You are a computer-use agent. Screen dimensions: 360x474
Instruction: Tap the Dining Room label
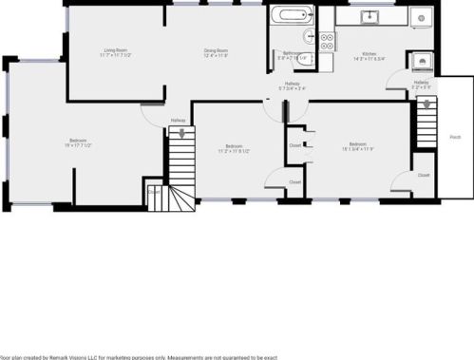point(216,49)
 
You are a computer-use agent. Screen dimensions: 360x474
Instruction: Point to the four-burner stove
point(326,40)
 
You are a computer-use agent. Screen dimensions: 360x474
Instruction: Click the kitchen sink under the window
point(370,17)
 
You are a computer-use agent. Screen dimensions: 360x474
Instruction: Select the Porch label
point(456,137)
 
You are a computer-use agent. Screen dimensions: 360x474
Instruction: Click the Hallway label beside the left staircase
point(178,120)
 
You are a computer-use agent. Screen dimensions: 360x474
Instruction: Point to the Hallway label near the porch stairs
point(421,83)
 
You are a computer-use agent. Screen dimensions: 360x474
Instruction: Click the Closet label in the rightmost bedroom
point(423,175)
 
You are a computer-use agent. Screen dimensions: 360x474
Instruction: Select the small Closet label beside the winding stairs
point(154,190)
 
